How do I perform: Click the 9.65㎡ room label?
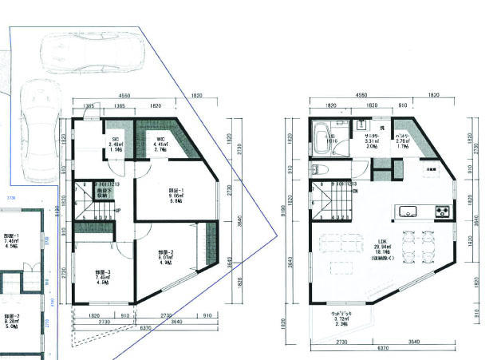click(176, 195)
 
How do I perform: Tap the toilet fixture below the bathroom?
click(318, 168)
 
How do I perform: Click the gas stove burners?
click(443, 212)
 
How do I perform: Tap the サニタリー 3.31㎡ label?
click(372, 141)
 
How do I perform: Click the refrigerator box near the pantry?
click(432, 169)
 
